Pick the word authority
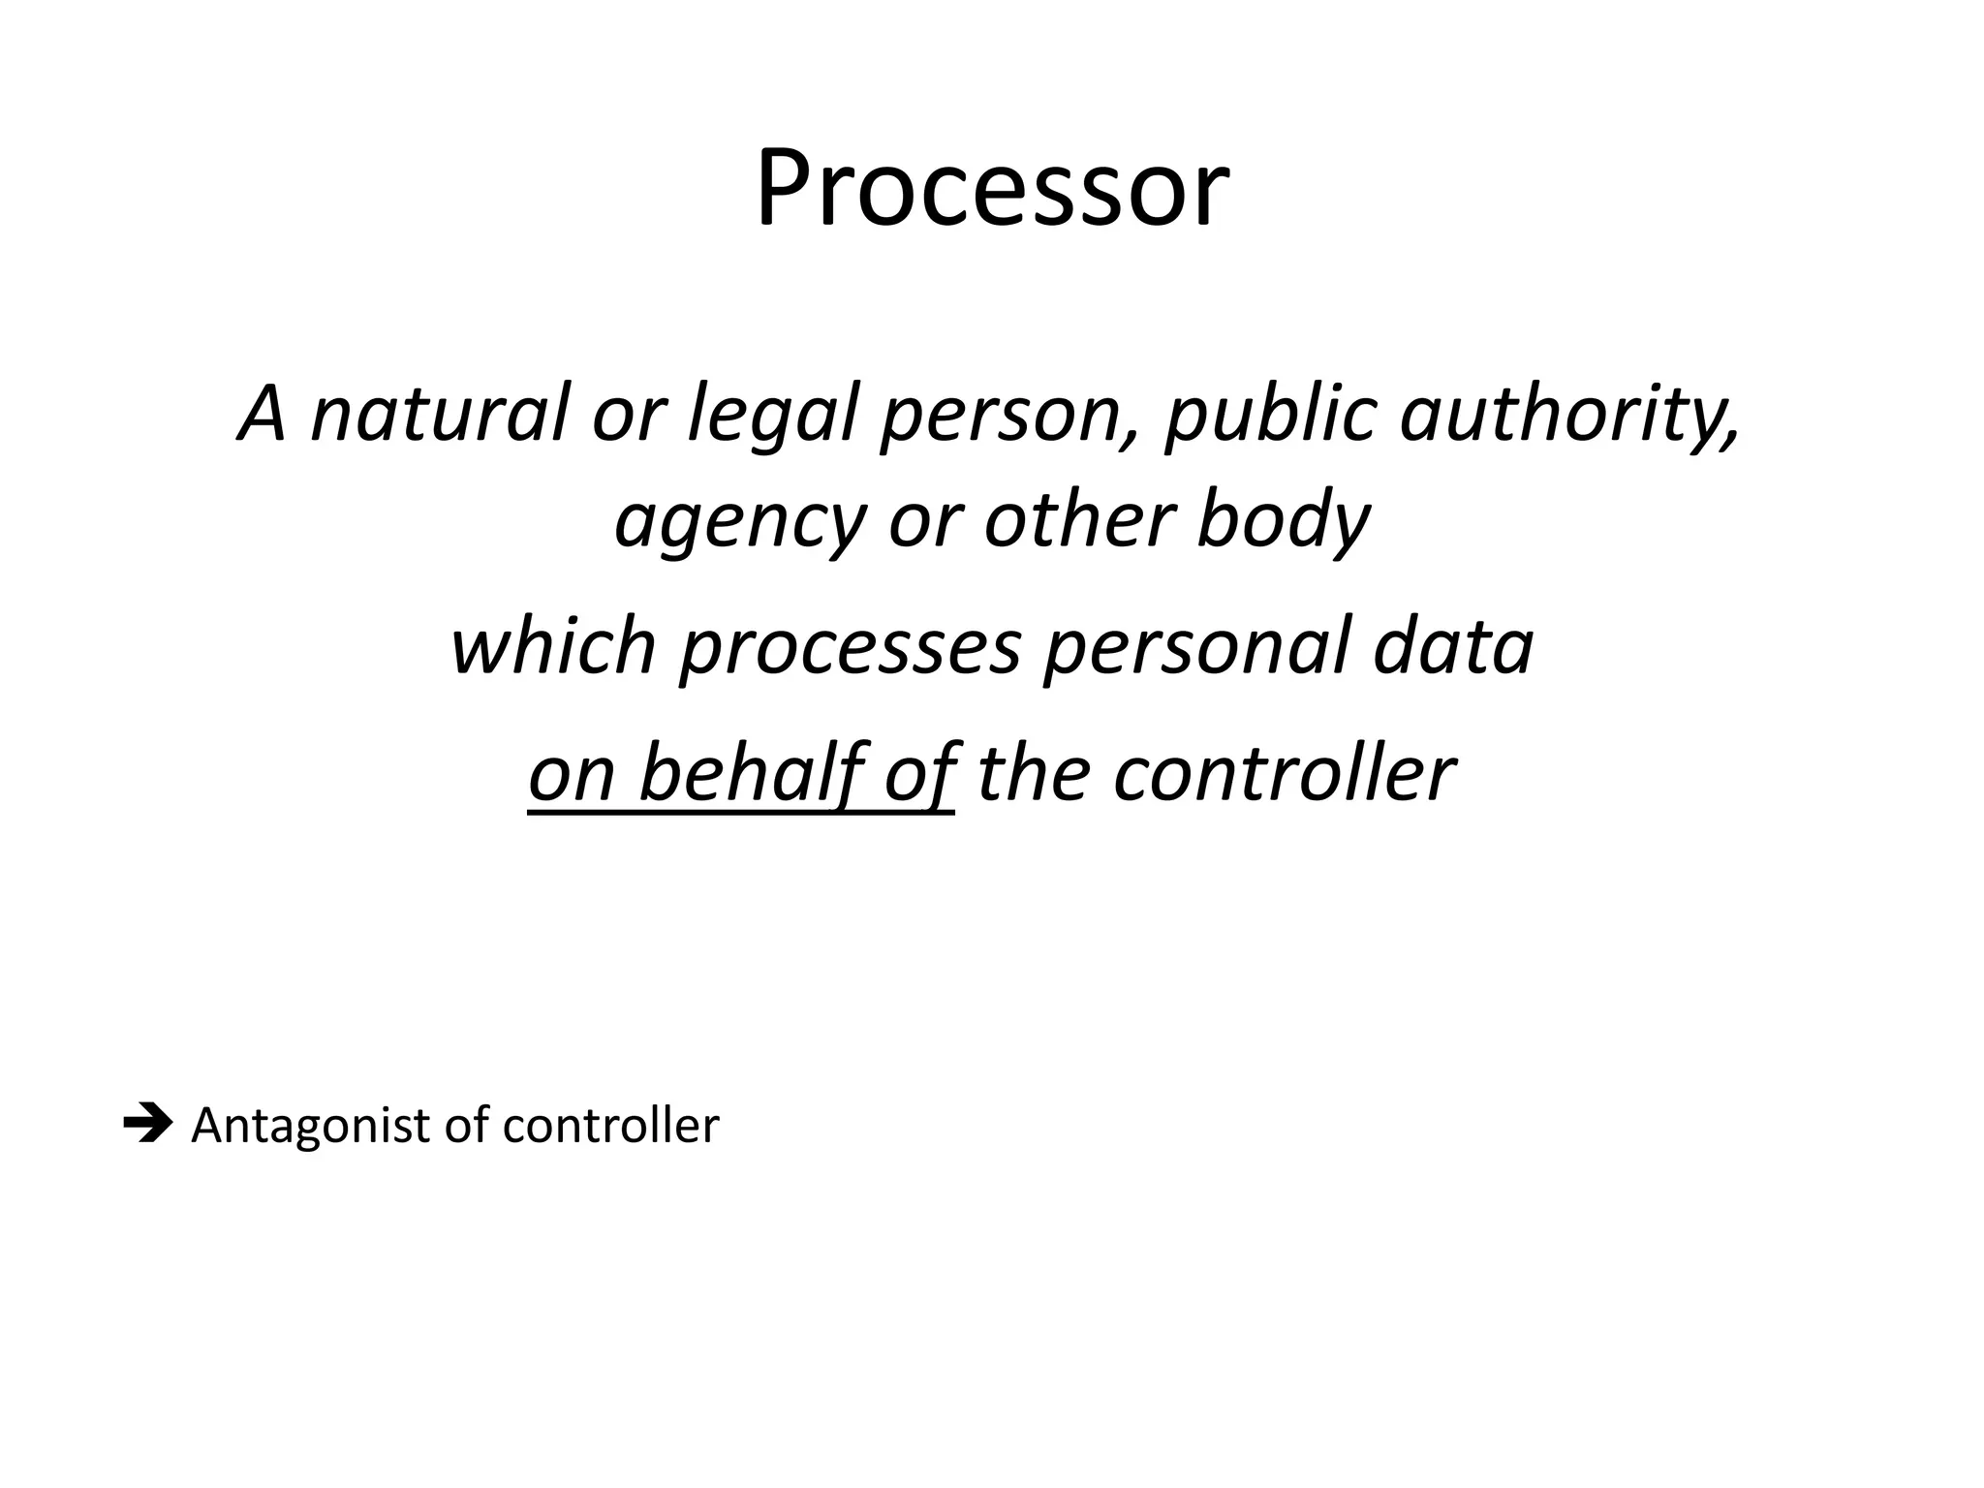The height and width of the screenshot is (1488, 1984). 1569,415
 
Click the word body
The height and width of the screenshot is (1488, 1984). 1283,521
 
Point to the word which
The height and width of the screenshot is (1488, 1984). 553,647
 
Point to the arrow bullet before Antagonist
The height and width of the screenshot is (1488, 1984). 147,1126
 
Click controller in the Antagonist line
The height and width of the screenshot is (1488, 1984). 610,1126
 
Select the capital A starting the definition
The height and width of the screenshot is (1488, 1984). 263,415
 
